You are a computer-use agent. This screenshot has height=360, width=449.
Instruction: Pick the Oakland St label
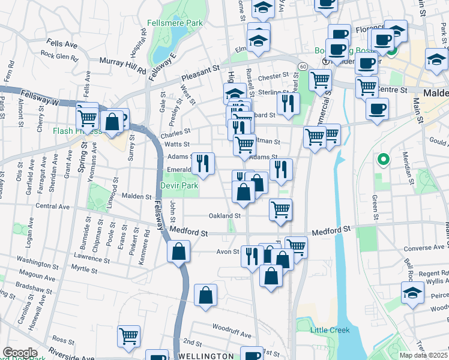pyautogui.click(x=224, y=215)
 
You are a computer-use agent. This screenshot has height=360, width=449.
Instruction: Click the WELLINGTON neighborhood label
pyautogui.click(x=206, y=356)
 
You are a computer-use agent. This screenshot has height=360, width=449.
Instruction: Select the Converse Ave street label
pyautogui.click(x=424, y=247)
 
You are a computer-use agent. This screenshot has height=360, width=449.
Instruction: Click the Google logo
pyautogui.click(x=20, y=353)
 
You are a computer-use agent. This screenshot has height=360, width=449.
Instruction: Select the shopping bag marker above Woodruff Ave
pyautogui.click(x=205, y=296)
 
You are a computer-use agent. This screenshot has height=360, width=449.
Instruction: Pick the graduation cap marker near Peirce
pyautogui.click(x=412, y=293)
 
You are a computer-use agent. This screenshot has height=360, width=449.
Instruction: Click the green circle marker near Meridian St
pyautogui.click(x=381, y=160)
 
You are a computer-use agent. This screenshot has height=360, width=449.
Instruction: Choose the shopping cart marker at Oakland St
pyautogui.click(x=280, y=211)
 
